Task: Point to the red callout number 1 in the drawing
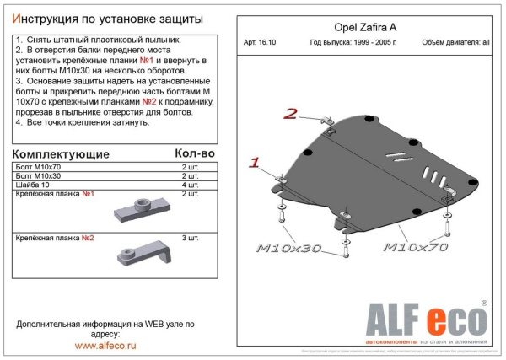[255, 161]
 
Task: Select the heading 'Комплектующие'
[62, 154]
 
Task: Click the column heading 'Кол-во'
[196, 153]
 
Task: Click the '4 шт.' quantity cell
[190, 185]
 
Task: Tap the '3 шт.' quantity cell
[190, 238]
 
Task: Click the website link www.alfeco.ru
[105, 345]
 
